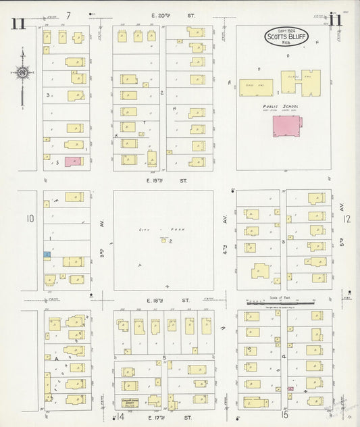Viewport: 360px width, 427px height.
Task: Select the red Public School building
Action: (x=286, y=126)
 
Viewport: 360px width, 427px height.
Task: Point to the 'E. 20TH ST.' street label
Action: (x=163, y=16)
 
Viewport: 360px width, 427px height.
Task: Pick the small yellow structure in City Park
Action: (x=163, y=240)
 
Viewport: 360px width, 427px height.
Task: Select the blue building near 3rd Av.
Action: (x=47, y=254)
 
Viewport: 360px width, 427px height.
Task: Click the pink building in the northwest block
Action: (x=73, y=161)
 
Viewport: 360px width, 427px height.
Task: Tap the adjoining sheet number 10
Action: (x=30, y=218)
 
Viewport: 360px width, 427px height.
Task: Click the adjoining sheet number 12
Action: (x=346, y=218)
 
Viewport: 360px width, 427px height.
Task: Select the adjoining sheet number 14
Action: (x=121, y=418)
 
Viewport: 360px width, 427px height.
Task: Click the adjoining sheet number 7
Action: (x=69, y=16)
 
